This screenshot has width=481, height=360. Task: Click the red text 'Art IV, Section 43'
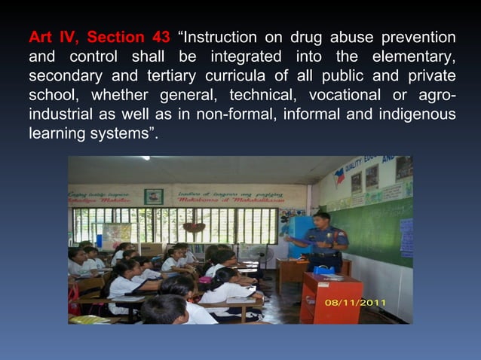[x=99, y=37]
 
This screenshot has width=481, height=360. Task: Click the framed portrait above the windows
[x=153, y=197]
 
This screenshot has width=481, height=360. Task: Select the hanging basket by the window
[x=194, y=227]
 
